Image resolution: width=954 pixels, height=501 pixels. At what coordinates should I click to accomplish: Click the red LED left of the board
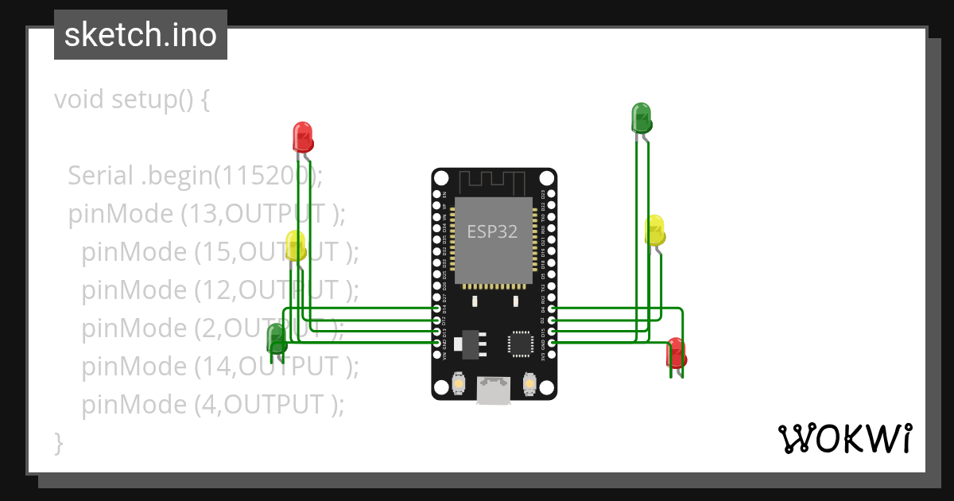point(302,136)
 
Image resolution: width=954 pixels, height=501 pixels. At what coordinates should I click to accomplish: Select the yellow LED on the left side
point(295,245)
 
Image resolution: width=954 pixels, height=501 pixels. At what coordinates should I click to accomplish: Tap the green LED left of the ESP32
point(277,338)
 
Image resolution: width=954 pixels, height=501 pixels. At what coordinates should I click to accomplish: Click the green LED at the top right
point(641,118)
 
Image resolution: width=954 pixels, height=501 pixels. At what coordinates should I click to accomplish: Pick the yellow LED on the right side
point(654,230)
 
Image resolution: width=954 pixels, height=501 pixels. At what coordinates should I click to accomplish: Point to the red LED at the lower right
point(676,352)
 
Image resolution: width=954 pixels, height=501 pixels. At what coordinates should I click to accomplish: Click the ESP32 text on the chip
point(492,232)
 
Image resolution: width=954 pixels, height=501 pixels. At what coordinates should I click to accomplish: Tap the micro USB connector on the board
point(493,390)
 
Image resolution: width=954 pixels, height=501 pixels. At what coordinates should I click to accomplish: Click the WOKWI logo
point(844,438)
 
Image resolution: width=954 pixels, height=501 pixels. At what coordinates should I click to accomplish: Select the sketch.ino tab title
point(141,35)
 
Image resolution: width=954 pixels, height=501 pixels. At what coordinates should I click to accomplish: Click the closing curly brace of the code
point(58,442)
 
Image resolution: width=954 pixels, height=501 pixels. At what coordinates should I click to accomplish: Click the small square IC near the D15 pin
point(521,344)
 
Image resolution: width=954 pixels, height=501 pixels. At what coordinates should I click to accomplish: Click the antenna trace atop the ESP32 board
point(493,182)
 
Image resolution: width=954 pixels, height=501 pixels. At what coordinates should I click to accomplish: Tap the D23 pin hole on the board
point(551,193)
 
